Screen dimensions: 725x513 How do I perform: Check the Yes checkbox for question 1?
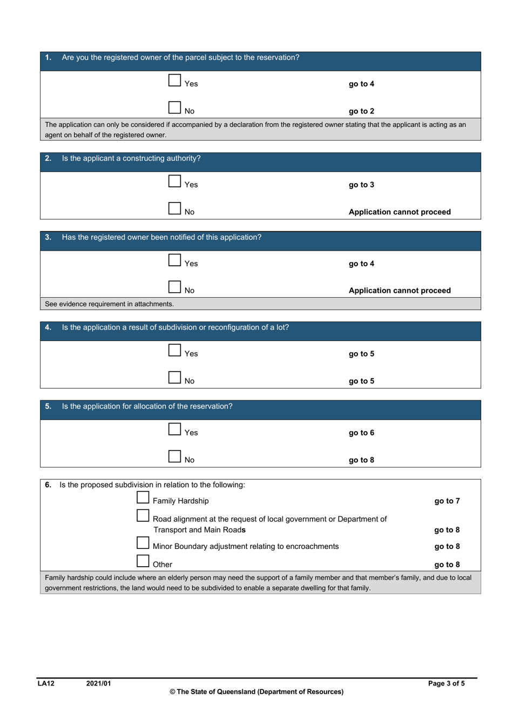pyautogui.click(x=174, y=80)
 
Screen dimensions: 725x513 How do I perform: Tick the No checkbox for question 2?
pyautogui.click(x=174, y=209)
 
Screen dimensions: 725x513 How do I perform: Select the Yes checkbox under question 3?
pyautogui.click(x=174, y=260)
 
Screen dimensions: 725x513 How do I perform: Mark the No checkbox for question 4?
pyautogui.click(x=174, y=378)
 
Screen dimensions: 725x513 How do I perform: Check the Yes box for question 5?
pyautogui.click(x=174, y=429)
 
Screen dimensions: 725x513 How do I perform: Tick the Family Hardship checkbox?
pyautogui.click(x=143, y=498)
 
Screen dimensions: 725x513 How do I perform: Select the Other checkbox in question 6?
pyautogui.click(x=143, y=561)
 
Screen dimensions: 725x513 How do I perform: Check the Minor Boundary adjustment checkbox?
pyautogui.click(x=143, y=543)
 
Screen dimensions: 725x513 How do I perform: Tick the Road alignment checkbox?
pyautogui.click(x=143, y=516)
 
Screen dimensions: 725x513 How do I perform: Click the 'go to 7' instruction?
pyautogui.click(x=447, y=501)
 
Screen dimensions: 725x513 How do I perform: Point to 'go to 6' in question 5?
pyautogui.click(x=361, y=433)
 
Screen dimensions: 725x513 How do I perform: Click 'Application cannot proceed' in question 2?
pyautogui.click(x=400, y=212)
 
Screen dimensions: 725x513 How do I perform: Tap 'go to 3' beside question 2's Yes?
pyautogui.click(x=361, y=185)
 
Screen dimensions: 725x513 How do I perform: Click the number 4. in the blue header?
pyautogui.click(x=48, y=327)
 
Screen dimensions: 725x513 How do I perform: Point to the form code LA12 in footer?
pyautogui.click(x=46, y=683)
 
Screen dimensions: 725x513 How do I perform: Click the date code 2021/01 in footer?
pyautogui.click(x=98, y=683)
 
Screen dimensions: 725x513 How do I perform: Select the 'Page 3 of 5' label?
pyautogui.click(x=446, y=683)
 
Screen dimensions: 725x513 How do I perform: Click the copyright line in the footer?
pyautogui.click(x=256, y=692)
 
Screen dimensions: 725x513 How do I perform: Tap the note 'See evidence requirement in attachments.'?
pyautogui.click(x=109, y=304)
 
